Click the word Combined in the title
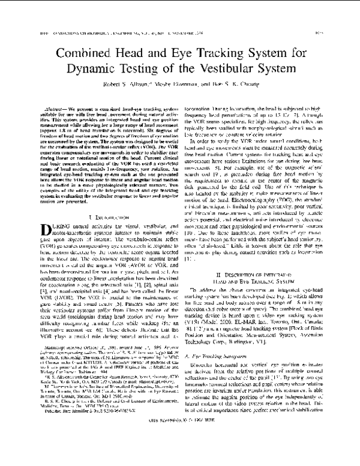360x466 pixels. [84, 53]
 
